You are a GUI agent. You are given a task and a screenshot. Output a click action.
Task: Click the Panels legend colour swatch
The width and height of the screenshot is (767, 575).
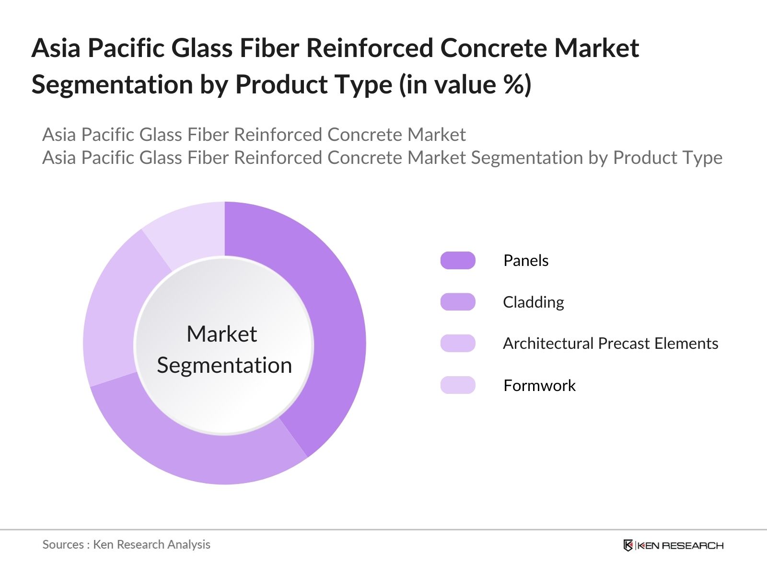click(x=458, y=260)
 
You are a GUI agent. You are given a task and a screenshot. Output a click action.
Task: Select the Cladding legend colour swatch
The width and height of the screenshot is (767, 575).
click(x=458, y=302)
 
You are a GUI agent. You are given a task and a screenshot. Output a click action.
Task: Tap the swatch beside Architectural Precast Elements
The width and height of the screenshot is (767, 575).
click(x=458, y=343)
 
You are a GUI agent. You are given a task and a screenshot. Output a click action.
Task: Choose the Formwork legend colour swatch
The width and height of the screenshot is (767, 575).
click(x=458, y=385)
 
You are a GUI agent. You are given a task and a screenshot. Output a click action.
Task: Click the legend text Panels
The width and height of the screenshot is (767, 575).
click(x=526, y=260)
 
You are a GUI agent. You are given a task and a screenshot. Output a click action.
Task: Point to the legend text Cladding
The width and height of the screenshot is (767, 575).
click(x=533, y=302)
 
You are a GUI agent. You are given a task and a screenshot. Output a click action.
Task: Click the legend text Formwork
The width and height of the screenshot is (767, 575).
click(x=539, y=385)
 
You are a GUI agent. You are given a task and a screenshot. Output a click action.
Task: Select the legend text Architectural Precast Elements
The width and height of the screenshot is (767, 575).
click(x=610, y=343)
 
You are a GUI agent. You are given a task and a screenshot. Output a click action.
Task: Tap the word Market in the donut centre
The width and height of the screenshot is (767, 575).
click(x=221, y=334)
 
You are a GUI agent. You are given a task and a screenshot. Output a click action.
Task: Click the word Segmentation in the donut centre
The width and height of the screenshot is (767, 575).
click(x=224, y=365)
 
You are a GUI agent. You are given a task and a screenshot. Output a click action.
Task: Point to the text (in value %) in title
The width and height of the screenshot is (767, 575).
click(x=465, y=85)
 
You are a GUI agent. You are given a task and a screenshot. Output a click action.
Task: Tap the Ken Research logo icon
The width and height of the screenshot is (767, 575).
click(x=628, y=545)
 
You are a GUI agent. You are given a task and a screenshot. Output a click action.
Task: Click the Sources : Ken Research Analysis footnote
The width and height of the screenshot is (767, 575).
click(x=126, y=544)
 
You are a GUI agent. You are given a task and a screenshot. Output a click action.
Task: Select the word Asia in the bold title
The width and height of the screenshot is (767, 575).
click(x=56, y=48)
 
